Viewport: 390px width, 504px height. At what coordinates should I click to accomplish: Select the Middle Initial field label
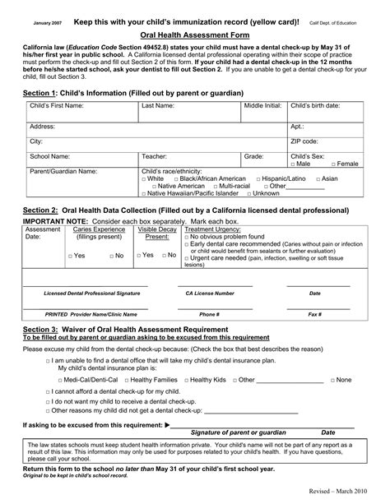pyautogui.click(x=262, y=107)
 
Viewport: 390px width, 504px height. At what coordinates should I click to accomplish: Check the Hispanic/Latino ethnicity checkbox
pyautogui.click(x=259, y=178)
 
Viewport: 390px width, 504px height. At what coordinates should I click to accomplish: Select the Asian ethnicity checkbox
pyautogui.click(x=317, y=178)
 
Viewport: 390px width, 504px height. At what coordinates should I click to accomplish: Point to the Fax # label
pyautogui.click(x=314, y=314)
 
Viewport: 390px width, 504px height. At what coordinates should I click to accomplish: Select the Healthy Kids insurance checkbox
pyautogui.click(x=184, y=380)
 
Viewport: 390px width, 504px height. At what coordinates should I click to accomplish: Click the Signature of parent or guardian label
pyautogui.click(x=239, y=432)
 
